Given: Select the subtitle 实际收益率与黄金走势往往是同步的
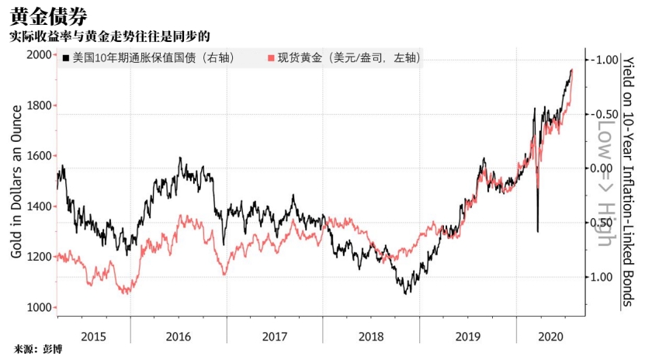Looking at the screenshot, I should (x=109, y=37).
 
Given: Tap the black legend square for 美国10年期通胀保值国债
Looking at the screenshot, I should (x=67, y=58).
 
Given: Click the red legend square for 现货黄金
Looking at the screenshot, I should (x=270, y=58).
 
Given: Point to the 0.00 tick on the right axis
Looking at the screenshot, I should (x=605, y=168).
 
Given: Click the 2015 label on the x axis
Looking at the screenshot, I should (x=94, y=335).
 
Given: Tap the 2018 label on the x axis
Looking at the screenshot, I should (x=372, y=335).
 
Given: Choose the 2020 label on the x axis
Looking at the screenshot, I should (x=550, y=335).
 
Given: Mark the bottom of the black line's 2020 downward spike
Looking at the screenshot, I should (x=538, y=230).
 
